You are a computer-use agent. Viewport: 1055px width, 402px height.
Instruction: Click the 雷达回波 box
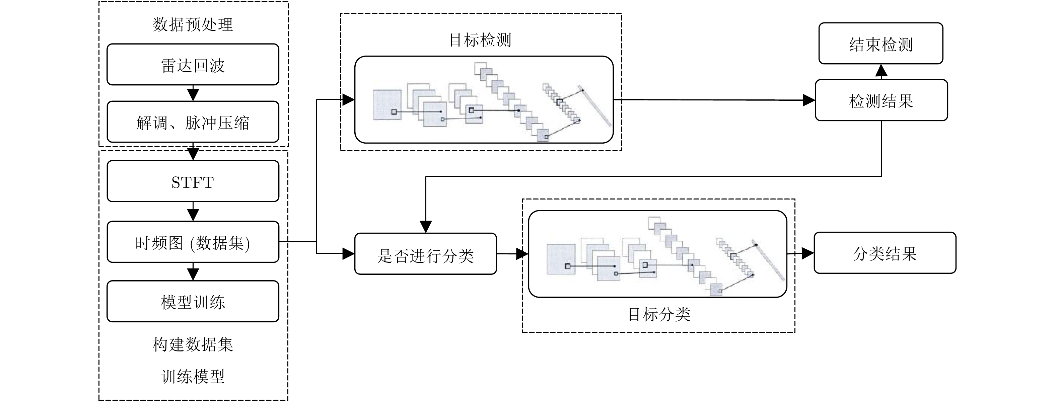pyautogui.click(x=193, y=65)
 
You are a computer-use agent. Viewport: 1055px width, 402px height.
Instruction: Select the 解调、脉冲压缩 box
pyautogui.click(x=193, y=122)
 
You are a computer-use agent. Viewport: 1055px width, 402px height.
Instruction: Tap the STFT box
pyautogui.click(x=193, y=181)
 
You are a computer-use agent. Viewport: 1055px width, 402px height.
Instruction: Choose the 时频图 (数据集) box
pyautogui.click(x=193, y=242)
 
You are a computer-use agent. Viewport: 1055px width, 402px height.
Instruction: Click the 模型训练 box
pyautogui.click(x=193, y=301)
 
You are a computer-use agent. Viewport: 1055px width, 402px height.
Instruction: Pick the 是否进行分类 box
pyautogui.click(x=426, y=254)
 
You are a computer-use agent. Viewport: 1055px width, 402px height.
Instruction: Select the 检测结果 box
pyautogui.click(x=881, y=100)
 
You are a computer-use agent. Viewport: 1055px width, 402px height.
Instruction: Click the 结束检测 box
pyautogui.click(x=881, y=44)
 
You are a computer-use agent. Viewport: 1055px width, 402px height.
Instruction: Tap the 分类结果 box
pyautogui.click(x=885, y=253)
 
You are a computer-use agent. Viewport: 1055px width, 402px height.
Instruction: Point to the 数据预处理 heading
pyautogui.click(x=193, y=24)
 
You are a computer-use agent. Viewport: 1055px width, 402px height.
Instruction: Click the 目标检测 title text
pyautogui.click(x=480, y=40)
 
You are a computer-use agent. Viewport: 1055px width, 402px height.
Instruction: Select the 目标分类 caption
pyautogui.click(x=659, y=314)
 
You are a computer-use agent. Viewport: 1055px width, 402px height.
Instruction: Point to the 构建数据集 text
pyautogui.click(x=193, y=344)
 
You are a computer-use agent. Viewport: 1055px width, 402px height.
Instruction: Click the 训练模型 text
pyautogui.click(x=193, y=376)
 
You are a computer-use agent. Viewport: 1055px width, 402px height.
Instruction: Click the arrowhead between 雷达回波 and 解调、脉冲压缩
pyautogui.click(x=193, y=94)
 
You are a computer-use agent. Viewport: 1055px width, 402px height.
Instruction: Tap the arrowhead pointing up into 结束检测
pyautogui.click(x=881, y=71)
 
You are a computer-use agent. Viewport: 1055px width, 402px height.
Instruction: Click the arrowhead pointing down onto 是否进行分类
pyautogui.click(x=426, y=226)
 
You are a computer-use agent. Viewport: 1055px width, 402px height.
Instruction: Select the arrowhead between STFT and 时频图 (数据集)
pyautogui.click(x=193, y=214)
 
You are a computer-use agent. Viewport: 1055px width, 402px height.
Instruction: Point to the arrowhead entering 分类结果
pyautogui.click(x=807, y=253)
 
